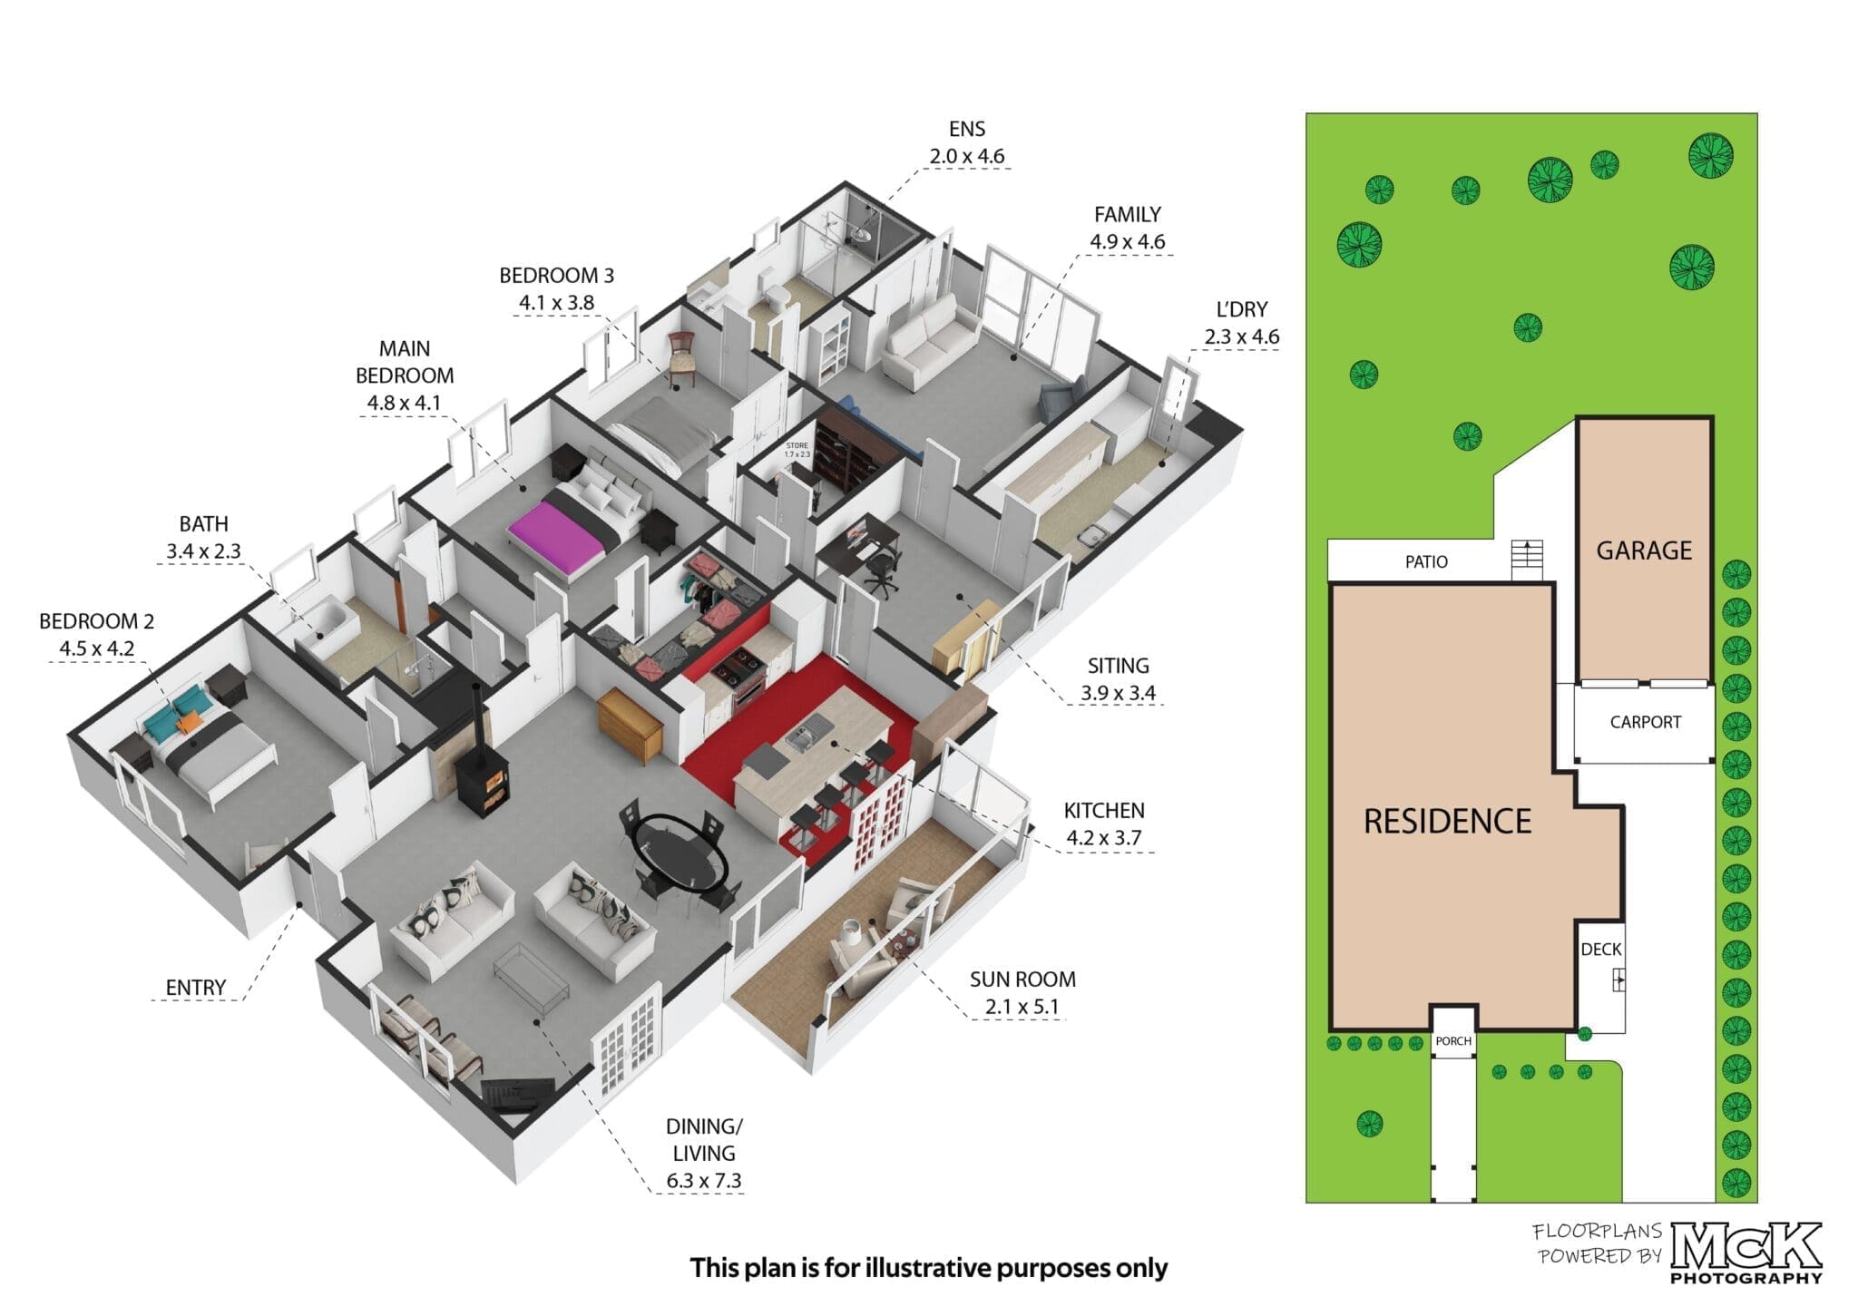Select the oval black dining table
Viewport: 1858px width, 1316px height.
[680, 853]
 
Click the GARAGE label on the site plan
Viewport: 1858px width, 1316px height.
[1644, 551]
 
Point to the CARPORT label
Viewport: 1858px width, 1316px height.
[1645, 722]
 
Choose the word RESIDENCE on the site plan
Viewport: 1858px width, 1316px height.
[1447, 822]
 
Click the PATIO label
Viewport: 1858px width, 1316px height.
[1426, 562]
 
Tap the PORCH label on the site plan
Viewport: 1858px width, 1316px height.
[1453, 1041]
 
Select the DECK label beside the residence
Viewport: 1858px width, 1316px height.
[1600, 950]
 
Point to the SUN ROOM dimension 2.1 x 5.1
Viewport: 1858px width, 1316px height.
[1022, 1007]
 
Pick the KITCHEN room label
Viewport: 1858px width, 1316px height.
[1104, 811]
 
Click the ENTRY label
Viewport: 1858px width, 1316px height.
[196, 988]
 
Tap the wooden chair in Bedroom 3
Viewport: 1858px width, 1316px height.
[680, 356]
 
